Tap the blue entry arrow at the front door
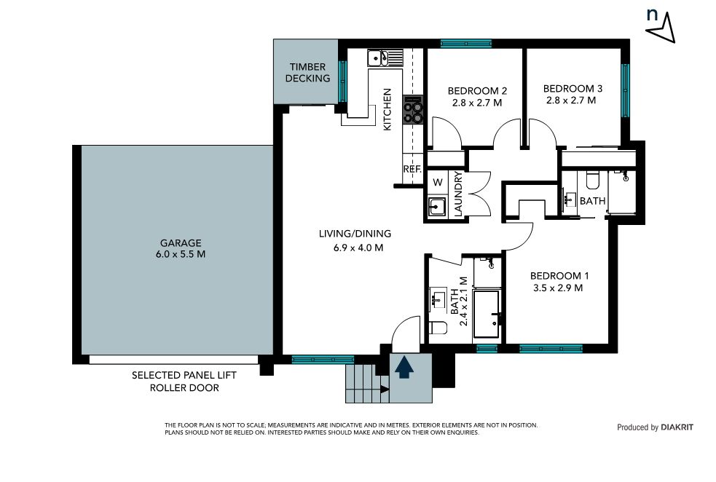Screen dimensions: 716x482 pyautogui.click(x=404, y=368)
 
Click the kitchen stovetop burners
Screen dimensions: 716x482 pyautogui.click(x=413, y=109)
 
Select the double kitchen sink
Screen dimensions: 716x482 pyautogui.click(x=378, y=58)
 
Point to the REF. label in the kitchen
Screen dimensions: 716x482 pyautogui.click(x=412, y=169)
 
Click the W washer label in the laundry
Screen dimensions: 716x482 pyautogui.click(x=438, y=183)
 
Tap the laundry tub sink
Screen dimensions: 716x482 pyautogui.click(x=437, y=207)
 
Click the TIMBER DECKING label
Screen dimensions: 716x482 pyautogui.click(x=307, y=73)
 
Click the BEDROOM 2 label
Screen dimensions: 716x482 pyautogui.click(x=477, y=91)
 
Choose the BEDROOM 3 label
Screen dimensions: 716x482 pyautogui.click(x=573, y=89)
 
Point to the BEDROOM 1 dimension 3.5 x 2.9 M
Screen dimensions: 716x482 pyautogui.click(x=557, y=288)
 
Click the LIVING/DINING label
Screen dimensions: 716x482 pyautogui.click(x=355, y=234)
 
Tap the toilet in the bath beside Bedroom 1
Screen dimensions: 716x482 pyautogui.click(x=438, y=328)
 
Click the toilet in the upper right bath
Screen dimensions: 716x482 pyautogui.click(x=592, y=181)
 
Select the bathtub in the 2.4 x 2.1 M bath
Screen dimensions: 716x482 pyautogui.click(x=487, y=314)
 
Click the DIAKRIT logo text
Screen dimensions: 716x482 pyautogui.click(x=677, y=427)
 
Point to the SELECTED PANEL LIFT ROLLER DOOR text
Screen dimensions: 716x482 pyautogui.click(x=184, y=382)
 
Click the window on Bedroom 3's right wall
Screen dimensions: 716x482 pyautogui.click(x=625, y=90)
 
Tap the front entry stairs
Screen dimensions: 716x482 pyautogui.click(x=367, y=384)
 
